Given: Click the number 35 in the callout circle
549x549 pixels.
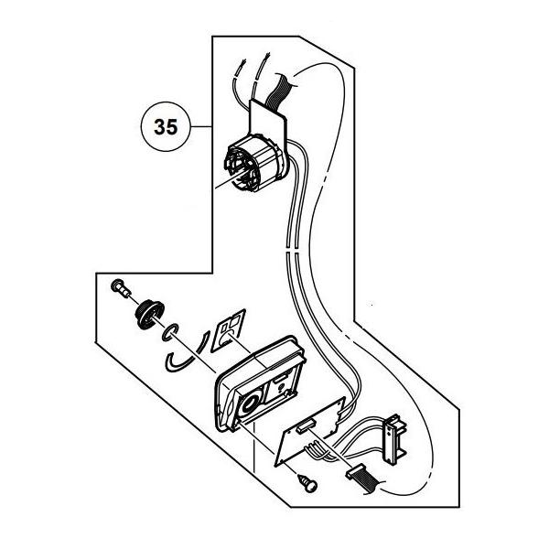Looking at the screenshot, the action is (166, 127).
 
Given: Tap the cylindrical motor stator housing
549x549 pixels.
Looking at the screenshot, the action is (255, 163).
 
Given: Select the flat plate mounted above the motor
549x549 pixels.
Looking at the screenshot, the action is (268, 119).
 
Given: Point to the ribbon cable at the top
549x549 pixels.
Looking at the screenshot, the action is (278, 91).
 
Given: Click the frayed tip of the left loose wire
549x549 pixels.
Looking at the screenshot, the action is (242, 64).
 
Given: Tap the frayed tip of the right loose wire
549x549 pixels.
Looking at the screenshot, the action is (267, 55).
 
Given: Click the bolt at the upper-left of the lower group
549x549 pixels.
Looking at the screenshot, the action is (121, 288).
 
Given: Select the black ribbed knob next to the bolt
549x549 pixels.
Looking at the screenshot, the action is (149, 315).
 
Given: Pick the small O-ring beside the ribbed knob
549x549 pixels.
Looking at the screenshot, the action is (170, 332).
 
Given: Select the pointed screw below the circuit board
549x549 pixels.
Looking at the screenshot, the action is (307, 484).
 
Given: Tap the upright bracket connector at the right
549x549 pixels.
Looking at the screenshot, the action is (395, 437).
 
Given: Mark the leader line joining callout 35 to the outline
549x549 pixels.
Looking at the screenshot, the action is (201, 126).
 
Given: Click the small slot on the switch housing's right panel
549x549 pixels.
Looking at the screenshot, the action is (281, 379).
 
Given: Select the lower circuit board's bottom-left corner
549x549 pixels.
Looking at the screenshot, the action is (276, 466).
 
